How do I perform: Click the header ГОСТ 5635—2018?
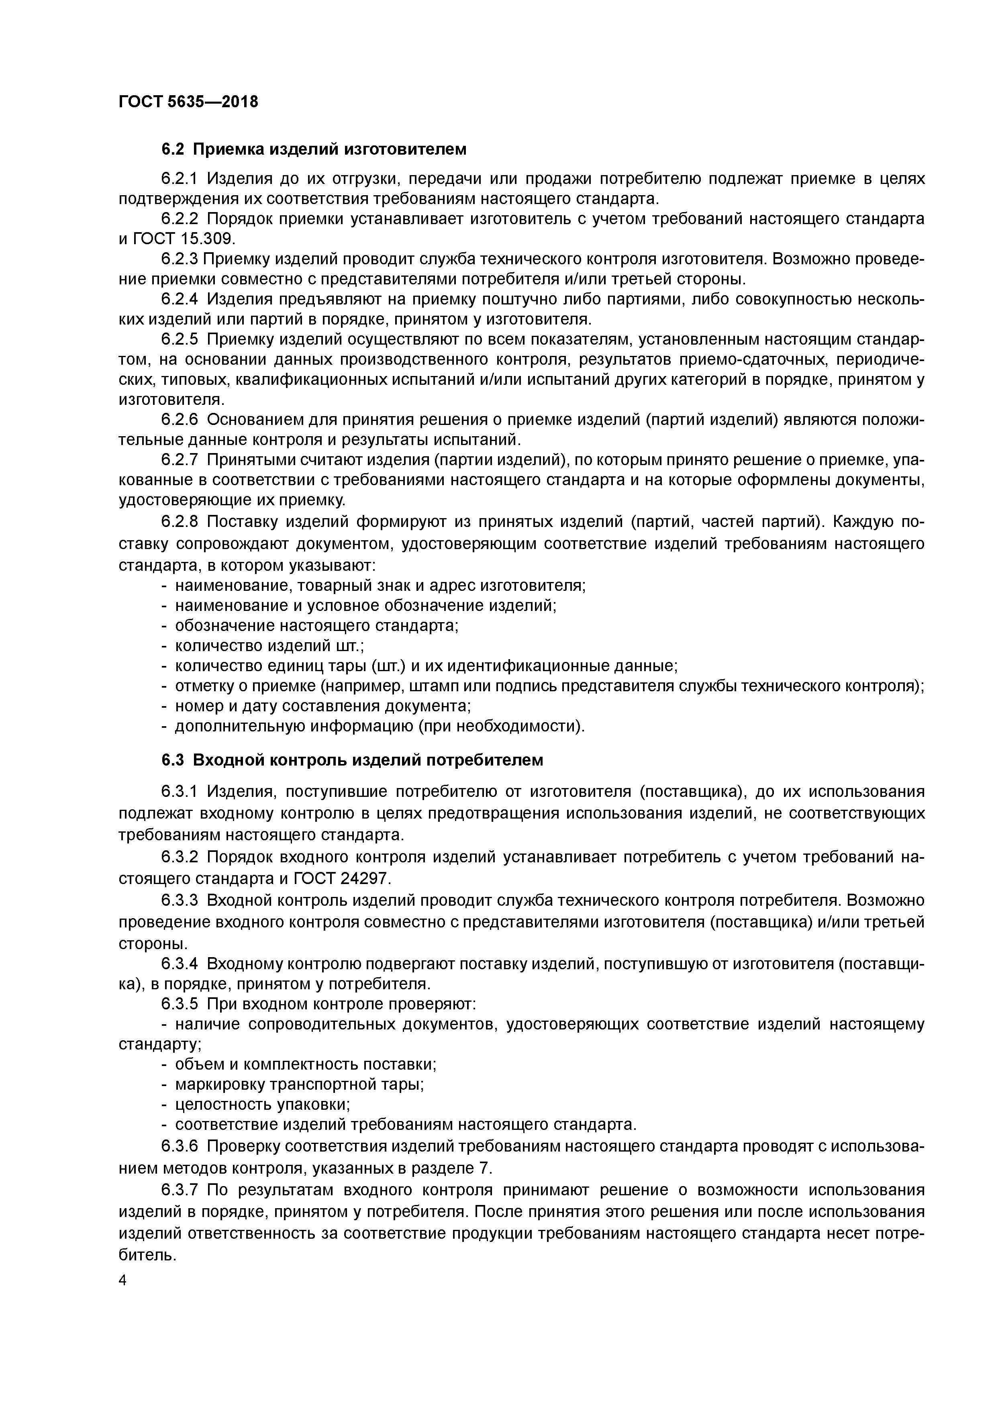coord(188,102)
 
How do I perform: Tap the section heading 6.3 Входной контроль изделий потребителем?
coord(352,760)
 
